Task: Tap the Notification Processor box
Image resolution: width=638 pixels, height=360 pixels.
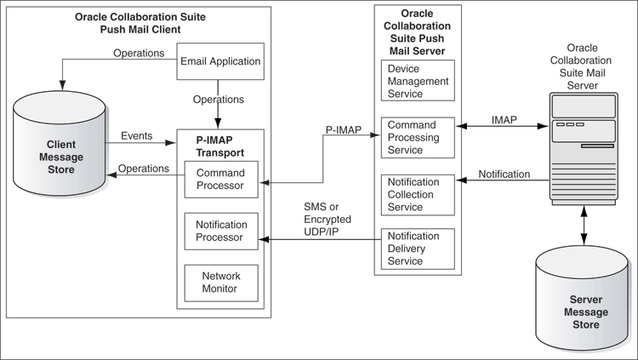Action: coord(219,231)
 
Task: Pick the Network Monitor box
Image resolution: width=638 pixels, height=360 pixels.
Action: coord(219,282)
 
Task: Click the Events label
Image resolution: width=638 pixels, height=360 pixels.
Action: coord(137,134)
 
